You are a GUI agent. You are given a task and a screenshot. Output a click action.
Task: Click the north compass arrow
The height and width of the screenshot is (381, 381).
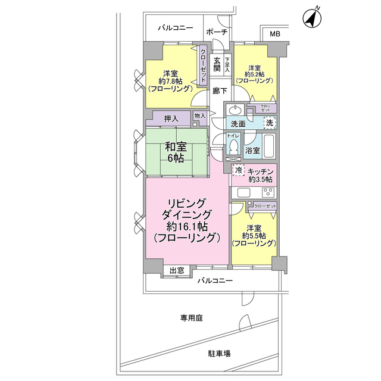click(311, 18)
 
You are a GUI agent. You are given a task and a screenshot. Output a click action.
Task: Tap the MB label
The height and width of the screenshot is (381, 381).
click(274, 34)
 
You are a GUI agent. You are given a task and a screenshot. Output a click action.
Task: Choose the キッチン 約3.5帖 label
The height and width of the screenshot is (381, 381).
click(260, 174)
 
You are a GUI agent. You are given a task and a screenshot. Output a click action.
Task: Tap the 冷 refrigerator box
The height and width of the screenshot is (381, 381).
click(239, 171)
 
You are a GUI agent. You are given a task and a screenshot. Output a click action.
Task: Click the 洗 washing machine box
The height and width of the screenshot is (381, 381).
click(270, 123)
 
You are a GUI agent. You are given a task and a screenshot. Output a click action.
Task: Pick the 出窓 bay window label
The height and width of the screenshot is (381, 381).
click(176, 271)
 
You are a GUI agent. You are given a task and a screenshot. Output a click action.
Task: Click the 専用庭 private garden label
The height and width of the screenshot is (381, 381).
click(192, 318)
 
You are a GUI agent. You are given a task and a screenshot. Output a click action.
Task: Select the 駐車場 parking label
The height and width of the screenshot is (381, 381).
click(219, 353)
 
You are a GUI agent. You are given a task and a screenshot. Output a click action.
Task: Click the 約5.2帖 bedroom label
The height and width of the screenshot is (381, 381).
click(255, 74)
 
